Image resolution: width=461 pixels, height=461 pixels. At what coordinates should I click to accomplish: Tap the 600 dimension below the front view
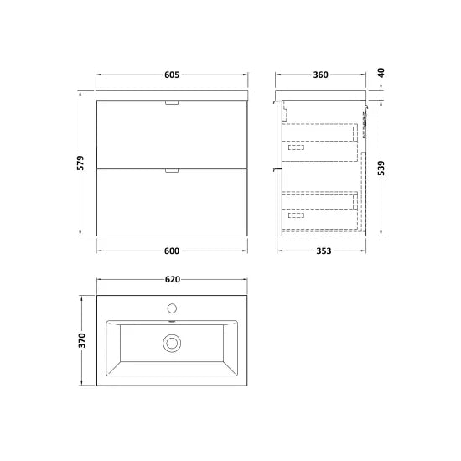click(x=171, y=250)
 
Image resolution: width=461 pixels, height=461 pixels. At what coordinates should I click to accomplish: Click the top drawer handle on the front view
click(x=172, y=103)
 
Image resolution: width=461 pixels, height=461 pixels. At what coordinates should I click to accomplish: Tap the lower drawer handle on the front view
click(x=172, y=170)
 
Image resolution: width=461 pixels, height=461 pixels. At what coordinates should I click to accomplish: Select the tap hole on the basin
click(x=172, y=308)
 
